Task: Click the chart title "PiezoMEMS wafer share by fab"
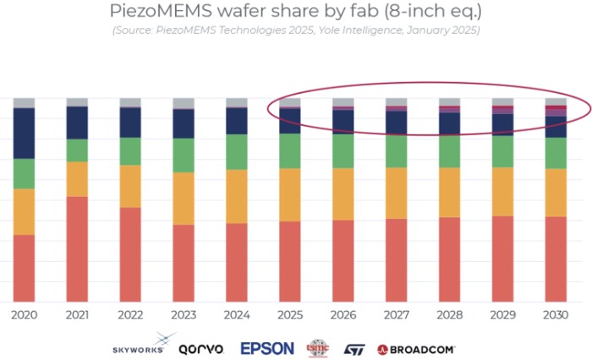pos(295,12)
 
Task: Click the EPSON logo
pos(267,348)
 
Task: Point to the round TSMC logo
pos(319,347)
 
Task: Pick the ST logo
pos(354,348)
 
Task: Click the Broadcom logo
pos(416,348)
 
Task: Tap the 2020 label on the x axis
pos(24,314)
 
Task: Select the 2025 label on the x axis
pos(289,314)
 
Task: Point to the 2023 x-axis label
pos(184,314)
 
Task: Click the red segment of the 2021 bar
pos(77,248)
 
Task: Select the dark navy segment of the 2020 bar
pos(24,133)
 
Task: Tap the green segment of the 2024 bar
pos(236,152)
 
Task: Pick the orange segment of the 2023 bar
pos(184,199)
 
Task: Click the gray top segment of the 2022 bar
pos(130,102)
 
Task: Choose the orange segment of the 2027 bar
pos(396,193)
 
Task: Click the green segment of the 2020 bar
pos(24,173)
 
